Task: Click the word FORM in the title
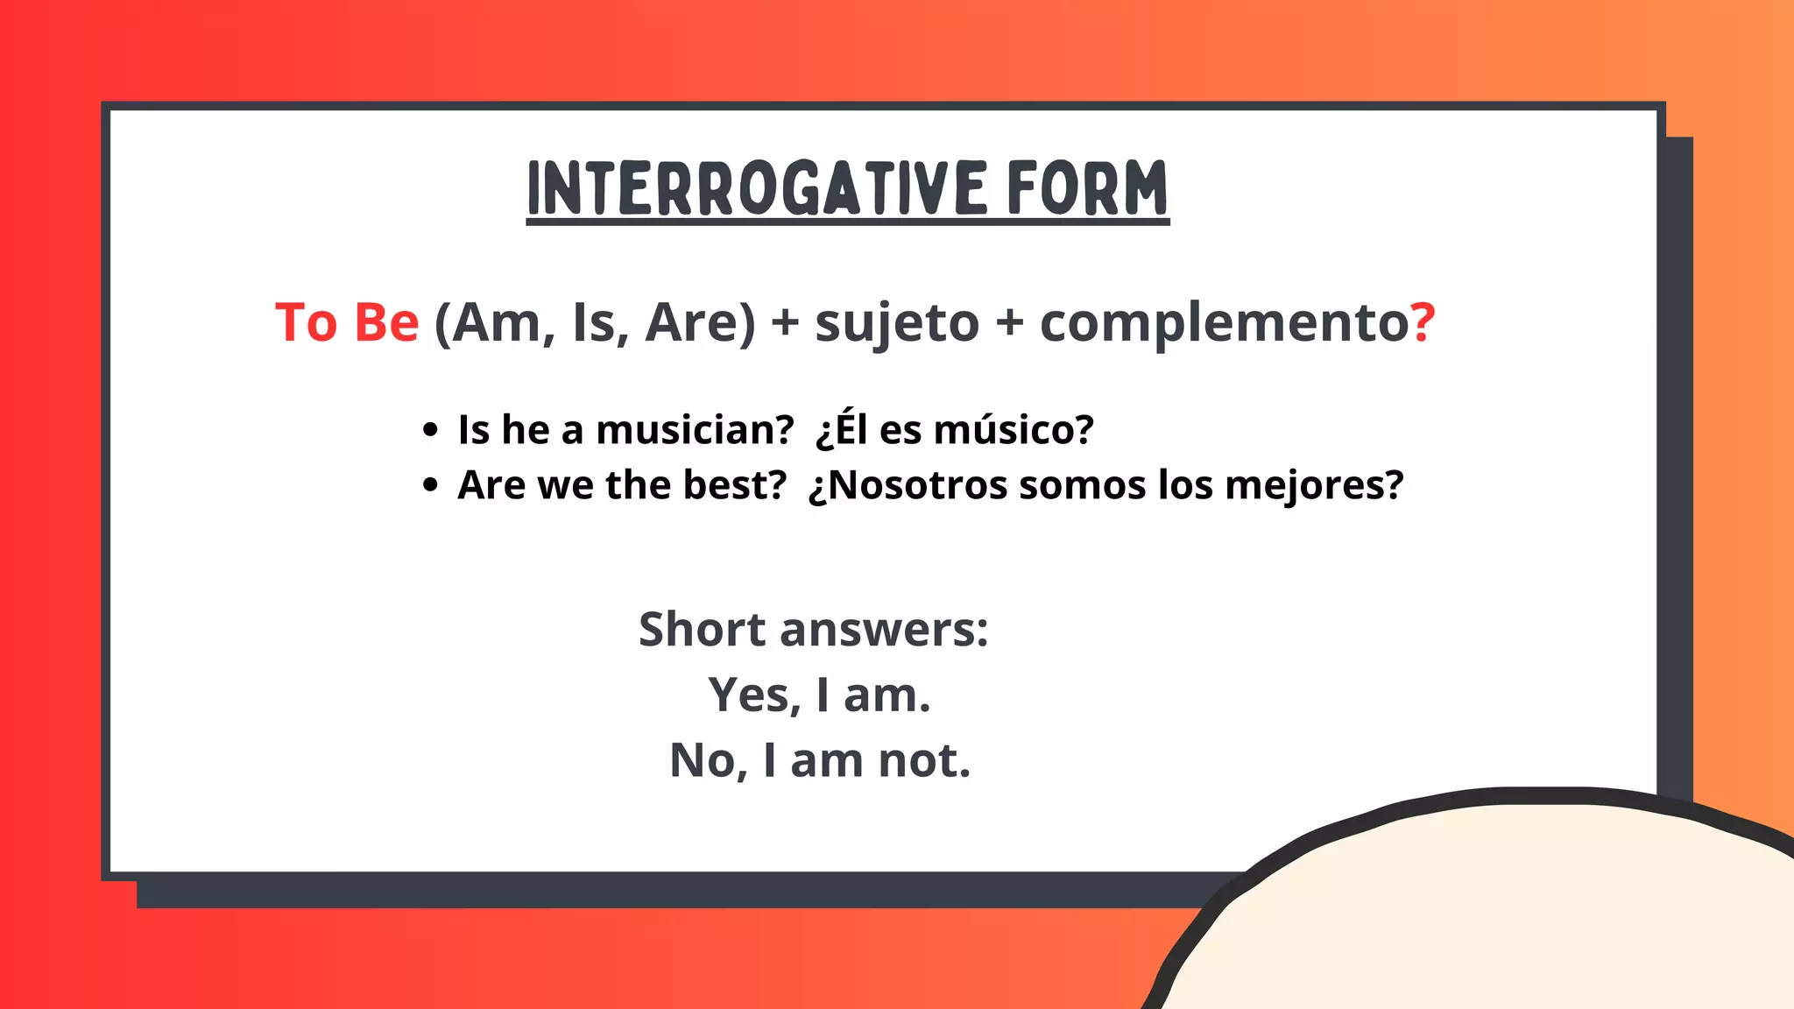[1086, 188]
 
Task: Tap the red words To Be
[347, 322]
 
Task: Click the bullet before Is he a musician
[429, 430]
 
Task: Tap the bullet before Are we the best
[429, 485]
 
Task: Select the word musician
[695, 430]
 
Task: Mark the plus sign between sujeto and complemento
[1010, 322]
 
